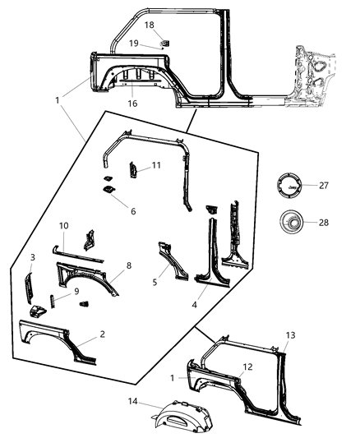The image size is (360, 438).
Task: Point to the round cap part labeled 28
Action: (x=289, y=222)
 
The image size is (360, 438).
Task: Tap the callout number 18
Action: (x=150, y=25)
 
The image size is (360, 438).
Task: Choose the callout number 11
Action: (x=155, y=166)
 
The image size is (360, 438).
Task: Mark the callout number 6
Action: (x=133, y=210)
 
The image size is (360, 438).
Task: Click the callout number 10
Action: (x=63, y=225)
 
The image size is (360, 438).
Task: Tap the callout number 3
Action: (x=33, y=258)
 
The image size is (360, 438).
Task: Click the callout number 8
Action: (x=128, y=265)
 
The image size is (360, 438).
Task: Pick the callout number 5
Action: (x=155, y=281)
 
